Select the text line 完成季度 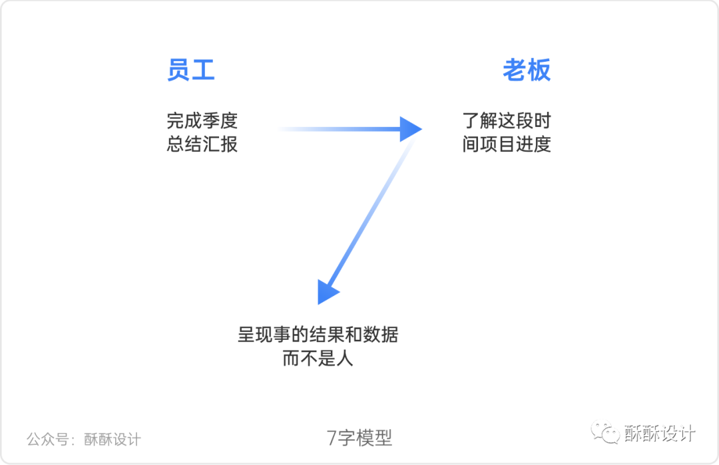point(202,121)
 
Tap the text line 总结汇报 point(202,144)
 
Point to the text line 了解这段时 point(507,121)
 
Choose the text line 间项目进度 point(507,144)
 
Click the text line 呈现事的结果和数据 point(318,335)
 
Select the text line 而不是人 point(318,359)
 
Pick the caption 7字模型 point(359,438)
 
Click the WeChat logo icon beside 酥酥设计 point(606,433)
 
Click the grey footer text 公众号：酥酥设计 point(84,439)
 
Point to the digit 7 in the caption point(332,438)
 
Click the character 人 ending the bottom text point(344,359)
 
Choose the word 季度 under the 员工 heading point(220,121)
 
